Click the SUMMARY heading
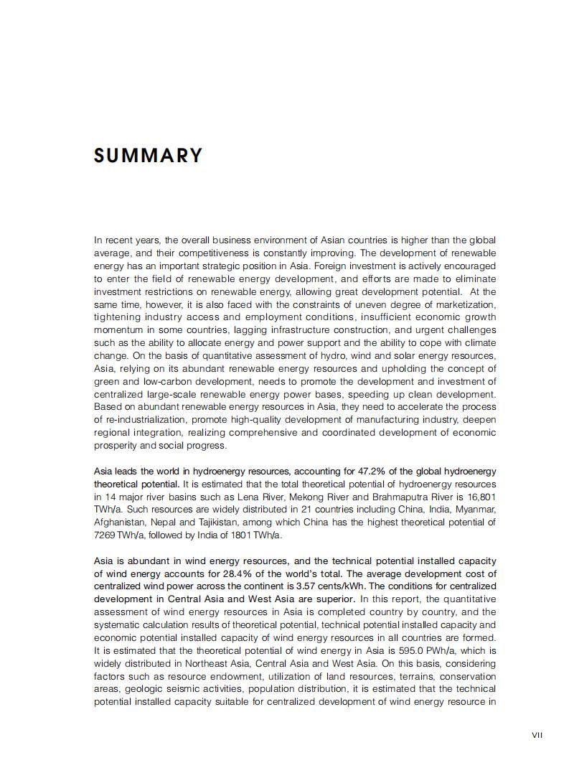click(149, 156)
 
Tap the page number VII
click(537, 734)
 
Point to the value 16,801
click(479, 497)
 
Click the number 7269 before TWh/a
click(105, 535)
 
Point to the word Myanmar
click(476, 510)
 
